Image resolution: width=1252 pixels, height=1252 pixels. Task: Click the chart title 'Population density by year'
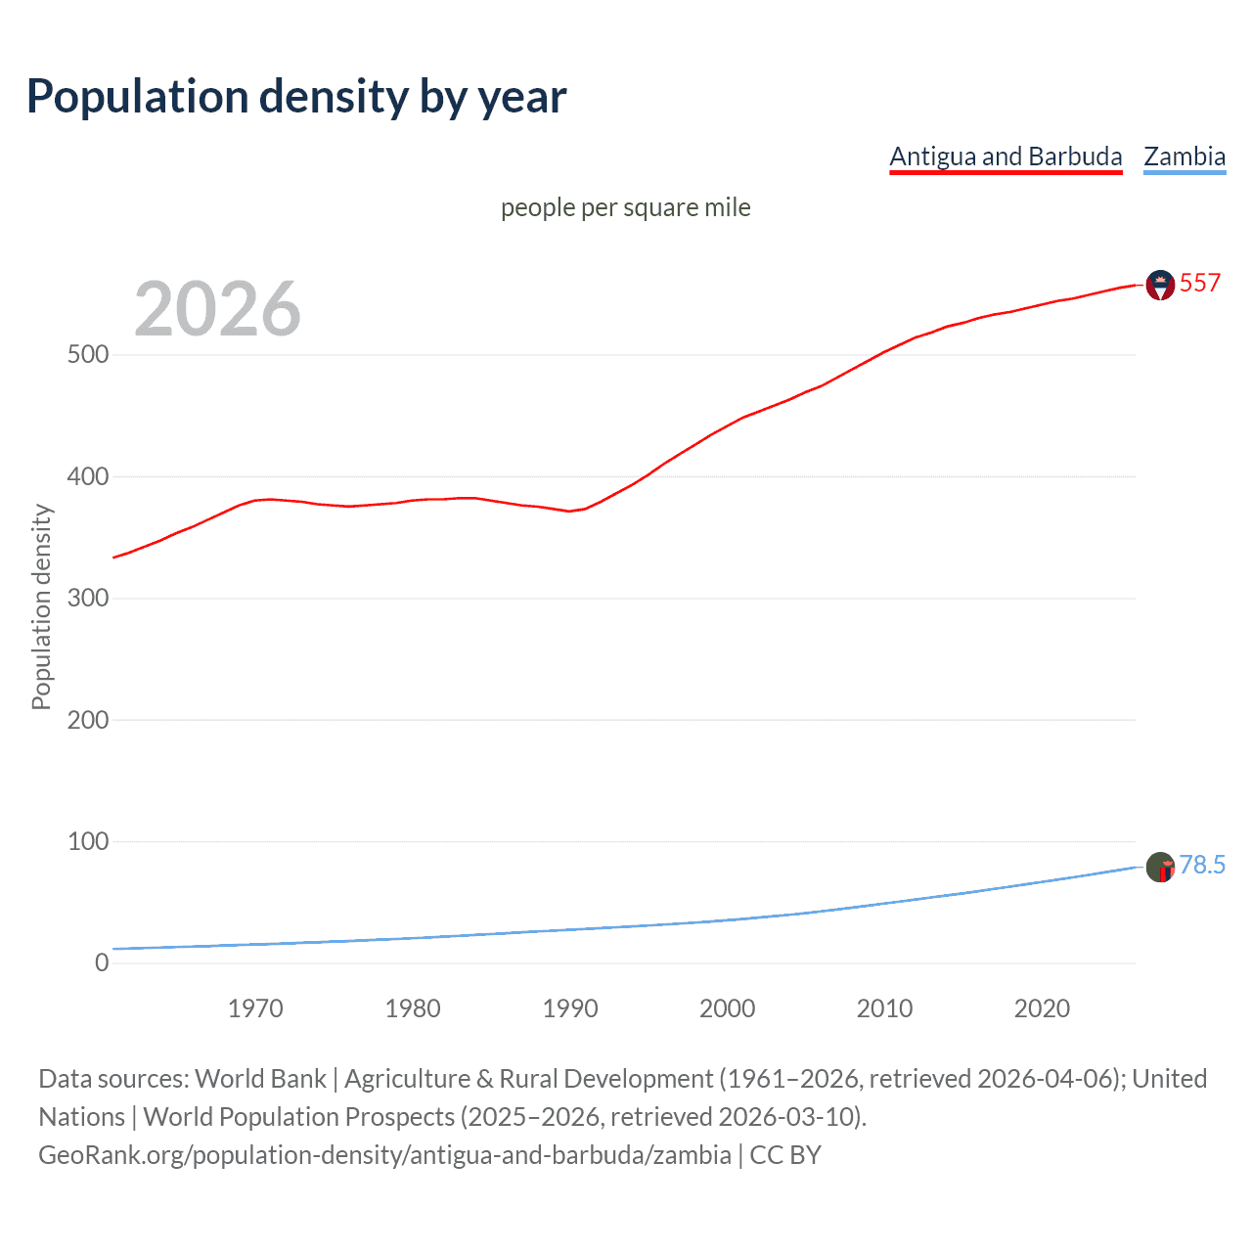coord(296,97)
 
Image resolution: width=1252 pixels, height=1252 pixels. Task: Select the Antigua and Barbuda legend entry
coord(1006,156)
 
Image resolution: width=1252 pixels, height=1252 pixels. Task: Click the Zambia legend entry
coord(1184,156)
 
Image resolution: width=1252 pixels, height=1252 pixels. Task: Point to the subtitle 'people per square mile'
coord(625,208)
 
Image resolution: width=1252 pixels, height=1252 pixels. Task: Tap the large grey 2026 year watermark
coord(217,309)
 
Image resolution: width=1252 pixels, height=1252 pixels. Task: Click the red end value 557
coord(1199,284)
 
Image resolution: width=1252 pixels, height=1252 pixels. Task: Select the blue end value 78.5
coord(1201,865)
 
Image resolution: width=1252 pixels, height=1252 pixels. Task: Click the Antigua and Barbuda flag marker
coord(1160,285)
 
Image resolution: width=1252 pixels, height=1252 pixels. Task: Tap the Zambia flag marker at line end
coord(1160,867)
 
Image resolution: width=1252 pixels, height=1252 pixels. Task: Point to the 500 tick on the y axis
coord(88,355)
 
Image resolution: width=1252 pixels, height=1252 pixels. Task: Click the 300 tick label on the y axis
coord(88,598)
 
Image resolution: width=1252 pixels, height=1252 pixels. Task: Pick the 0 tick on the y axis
coord(102,962)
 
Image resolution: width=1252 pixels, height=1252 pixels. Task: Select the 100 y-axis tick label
coord(88,841)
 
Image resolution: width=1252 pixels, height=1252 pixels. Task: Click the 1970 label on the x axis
coord(255,1008)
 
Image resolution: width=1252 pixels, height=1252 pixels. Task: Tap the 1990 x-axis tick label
coord(570,1008)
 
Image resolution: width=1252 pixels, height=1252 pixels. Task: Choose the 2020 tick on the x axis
coord(1042,1008)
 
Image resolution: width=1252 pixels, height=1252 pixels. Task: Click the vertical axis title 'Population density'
coord(41,606)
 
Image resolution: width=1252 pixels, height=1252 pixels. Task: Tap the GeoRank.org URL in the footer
coord(384,1155)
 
